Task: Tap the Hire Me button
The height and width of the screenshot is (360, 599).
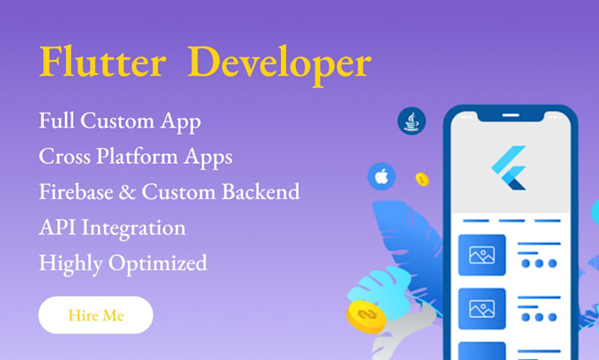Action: point(96,315)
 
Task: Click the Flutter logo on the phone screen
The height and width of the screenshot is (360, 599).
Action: point(509,167)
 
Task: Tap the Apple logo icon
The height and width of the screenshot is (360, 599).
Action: point(381,177)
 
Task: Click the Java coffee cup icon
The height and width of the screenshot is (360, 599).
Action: point(411,121)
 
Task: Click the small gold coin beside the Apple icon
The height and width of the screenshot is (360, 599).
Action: point(422,180)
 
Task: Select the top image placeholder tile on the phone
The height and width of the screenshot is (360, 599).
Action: point(482,255)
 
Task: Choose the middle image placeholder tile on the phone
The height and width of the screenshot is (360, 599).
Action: point(482,308)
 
